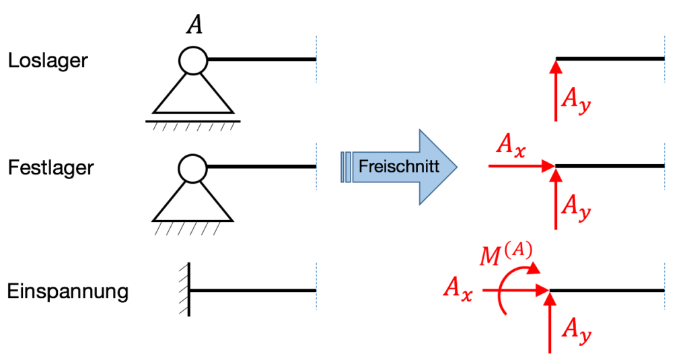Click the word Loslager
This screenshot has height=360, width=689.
(48, 61)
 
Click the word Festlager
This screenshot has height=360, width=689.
(50, 167)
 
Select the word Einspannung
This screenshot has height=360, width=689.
(67, 293)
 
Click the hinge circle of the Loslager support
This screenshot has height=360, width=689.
(193, 61)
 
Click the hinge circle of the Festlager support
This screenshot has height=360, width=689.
(193, 167)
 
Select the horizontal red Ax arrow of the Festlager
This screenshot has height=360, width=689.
(518, 166)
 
